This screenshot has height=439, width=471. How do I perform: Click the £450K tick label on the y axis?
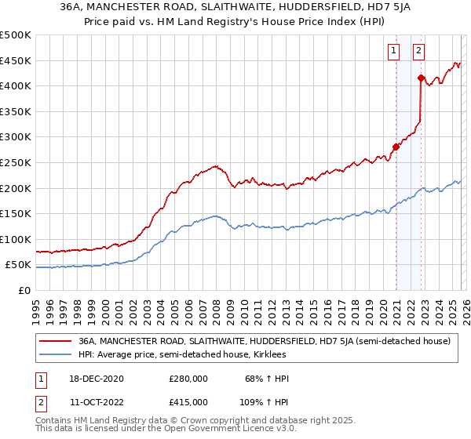pos(16,60)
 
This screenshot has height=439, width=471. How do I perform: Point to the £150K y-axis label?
pos(16,213)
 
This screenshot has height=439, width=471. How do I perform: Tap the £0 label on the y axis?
pos(25,290)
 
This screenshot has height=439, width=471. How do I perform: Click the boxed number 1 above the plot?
pos(393,52)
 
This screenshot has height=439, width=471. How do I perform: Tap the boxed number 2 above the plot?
pos(419,52)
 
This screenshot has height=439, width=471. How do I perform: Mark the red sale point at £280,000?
pos(396,147)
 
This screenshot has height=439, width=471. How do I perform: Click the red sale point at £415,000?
pos(421,78)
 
